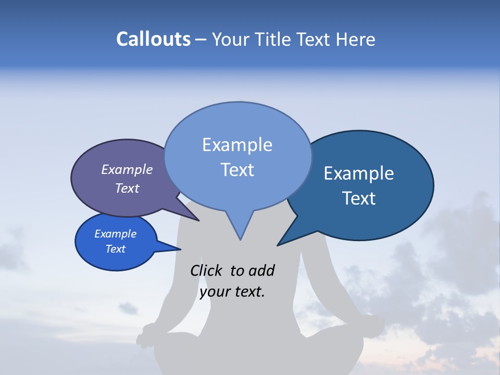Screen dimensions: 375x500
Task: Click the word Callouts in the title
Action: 153,39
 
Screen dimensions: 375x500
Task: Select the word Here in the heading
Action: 356,39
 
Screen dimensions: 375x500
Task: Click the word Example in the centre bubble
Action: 237,145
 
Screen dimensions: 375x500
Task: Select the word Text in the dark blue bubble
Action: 359,198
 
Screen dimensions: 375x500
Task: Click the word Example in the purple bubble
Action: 127,170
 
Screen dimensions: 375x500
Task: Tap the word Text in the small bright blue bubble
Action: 115,249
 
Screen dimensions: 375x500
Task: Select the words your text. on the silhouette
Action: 232,292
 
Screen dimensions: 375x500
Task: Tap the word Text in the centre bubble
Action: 237,170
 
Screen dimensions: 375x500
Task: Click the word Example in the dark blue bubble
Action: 359,173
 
